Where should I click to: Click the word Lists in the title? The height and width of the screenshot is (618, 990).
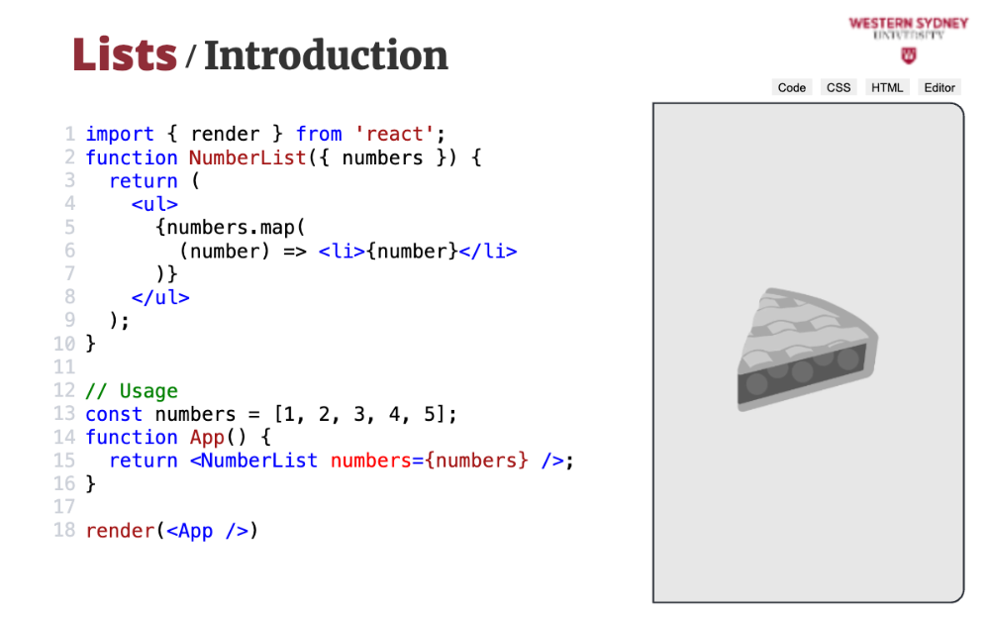125,55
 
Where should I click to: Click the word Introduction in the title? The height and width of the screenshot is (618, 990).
326,55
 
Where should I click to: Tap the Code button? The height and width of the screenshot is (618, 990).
792,87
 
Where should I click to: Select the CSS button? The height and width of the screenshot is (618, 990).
839,87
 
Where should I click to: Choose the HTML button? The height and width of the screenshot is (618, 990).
887,87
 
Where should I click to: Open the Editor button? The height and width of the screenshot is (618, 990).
940,87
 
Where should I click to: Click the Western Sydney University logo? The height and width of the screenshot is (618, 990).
908,38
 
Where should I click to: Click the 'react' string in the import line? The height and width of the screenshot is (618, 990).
395,134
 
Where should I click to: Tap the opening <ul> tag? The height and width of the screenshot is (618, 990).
154,204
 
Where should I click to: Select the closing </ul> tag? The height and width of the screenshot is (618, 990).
160,297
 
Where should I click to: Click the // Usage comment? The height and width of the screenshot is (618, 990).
132,391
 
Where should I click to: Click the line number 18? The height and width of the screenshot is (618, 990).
64,531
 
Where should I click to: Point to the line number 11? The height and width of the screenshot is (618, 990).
64,367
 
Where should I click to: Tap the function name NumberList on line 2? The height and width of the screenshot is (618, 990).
247,157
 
